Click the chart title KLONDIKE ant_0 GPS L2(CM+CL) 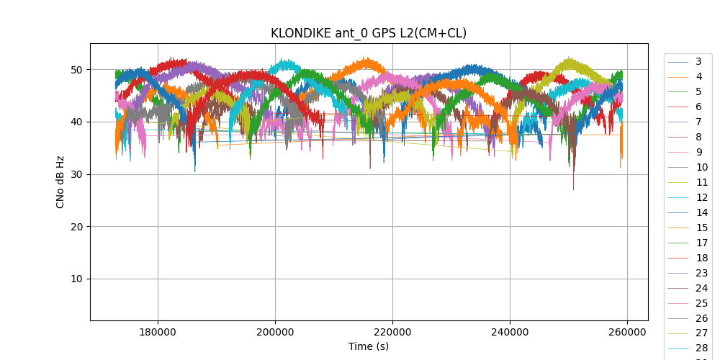point(369,33)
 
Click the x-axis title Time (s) point(369,346)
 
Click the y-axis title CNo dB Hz point(60,182)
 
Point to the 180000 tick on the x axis point(158,332)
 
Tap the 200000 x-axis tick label point(275,332)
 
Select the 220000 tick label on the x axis point(392,332)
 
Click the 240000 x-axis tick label point(510,332)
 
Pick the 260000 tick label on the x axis point(627,332)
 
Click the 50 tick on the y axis point(76,70)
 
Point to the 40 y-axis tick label point(76,122)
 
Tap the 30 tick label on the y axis point(76,174)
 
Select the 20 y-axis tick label point(76,227)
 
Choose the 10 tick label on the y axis point(76,279)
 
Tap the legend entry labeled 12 point(701,197)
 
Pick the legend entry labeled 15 point(701,228)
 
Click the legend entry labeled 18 point(701,258)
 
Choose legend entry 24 point(701,288)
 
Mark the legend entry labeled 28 point(701,348)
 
